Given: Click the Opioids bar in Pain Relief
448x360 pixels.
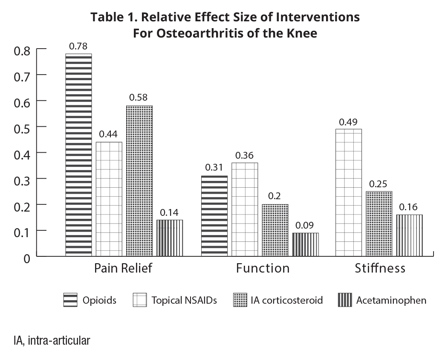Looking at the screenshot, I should (78, 155).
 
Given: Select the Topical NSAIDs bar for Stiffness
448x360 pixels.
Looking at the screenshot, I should (349, 192).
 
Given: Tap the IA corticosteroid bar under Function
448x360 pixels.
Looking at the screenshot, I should (275, 230).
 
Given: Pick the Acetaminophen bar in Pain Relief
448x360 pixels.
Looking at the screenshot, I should (170, 238).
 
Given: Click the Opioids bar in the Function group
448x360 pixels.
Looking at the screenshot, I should (214, 216).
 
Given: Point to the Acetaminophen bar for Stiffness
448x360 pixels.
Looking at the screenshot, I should (410, 235).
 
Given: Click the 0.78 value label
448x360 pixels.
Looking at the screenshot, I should (78, 46).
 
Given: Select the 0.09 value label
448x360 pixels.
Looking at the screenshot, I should (306, 225).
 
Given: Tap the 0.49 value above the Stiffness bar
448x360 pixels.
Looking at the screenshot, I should (348, 122).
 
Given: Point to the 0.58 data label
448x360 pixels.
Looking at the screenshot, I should (139, 98).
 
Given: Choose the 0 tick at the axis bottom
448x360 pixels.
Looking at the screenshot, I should (26, 258).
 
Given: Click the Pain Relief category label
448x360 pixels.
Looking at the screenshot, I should (123, 268).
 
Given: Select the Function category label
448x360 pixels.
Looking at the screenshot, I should (263, 268).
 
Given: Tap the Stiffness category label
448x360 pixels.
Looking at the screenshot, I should (380, 268).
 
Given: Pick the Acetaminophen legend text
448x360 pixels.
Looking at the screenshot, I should (391, 300).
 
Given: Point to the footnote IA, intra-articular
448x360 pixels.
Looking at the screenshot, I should (52, 341).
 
